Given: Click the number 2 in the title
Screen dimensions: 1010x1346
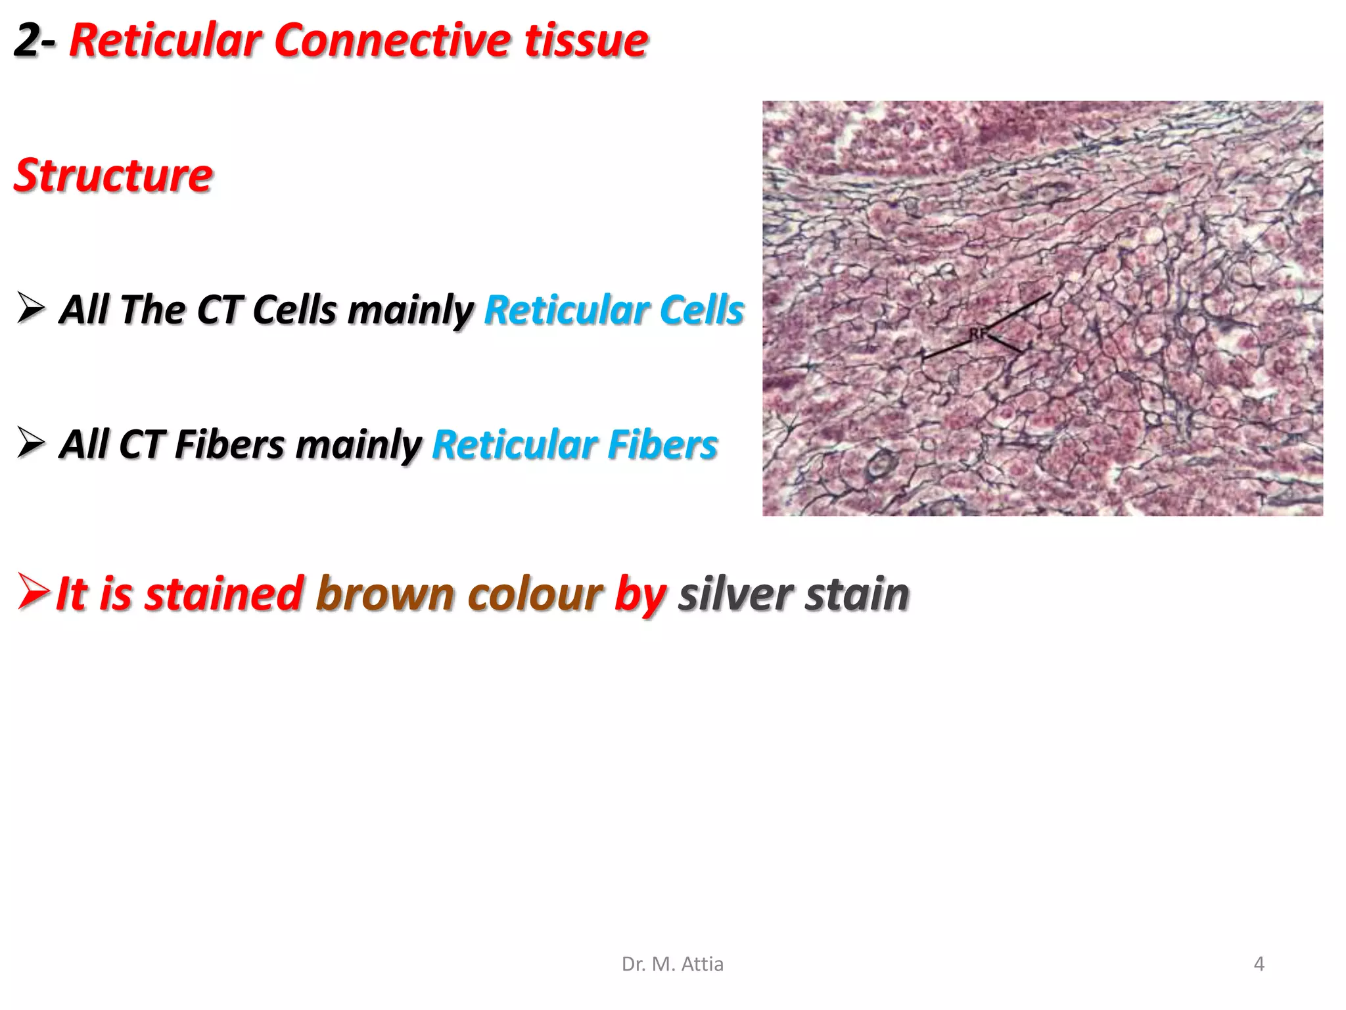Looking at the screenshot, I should tap(28, 41).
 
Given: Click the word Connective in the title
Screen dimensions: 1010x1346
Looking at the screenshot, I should tap(392, 41).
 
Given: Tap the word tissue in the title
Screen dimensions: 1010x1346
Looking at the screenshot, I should tap(586, 41).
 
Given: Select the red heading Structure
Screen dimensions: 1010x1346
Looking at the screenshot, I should tap(113, 176).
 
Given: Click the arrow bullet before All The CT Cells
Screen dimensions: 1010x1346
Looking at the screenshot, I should tap(32, 308).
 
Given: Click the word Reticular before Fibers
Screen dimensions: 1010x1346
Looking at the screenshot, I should tap(514, 445).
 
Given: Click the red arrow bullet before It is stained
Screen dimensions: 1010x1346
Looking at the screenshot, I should tap(33, 591).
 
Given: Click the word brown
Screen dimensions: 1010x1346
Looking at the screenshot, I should tap(385, 594).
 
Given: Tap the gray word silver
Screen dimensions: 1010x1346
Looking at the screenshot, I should tap(735, 594).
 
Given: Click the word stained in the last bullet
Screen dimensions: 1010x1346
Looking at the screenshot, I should tap(223, 594).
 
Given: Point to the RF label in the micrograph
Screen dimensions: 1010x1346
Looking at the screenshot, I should tap(977, 334).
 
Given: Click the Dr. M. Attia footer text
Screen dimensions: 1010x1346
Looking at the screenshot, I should tap(672, 964).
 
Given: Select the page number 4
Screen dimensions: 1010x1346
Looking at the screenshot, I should tap(1259, 964).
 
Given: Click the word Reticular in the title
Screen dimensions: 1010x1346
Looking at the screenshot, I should tap(165, 41).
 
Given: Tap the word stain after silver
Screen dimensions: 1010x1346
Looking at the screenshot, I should tap(857, 594).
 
